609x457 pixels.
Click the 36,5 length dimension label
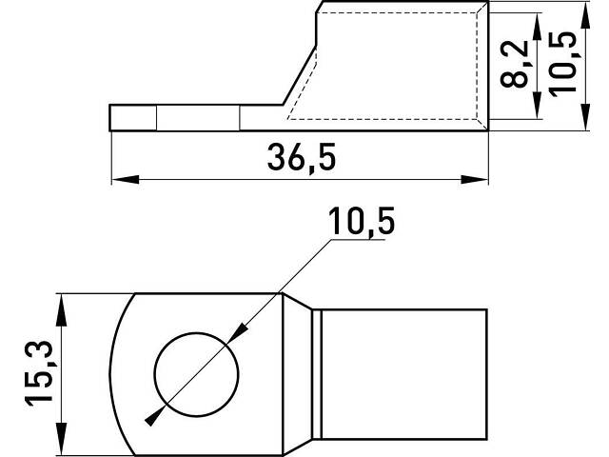coord(302,157)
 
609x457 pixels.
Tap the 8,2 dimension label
coord(515,64)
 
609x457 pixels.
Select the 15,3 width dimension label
coord(39,373)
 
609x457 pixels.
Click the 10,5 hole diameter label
coord(362,221)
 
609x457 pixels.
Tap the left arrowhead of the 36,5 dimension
coord(125,180)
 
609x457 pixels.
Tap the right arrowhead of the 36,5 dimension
coord(474,180)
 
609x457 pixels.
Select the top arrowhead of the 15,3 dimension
coord(61,309)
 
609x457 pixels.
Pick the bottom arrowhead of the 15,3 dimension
coord(61,439)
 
